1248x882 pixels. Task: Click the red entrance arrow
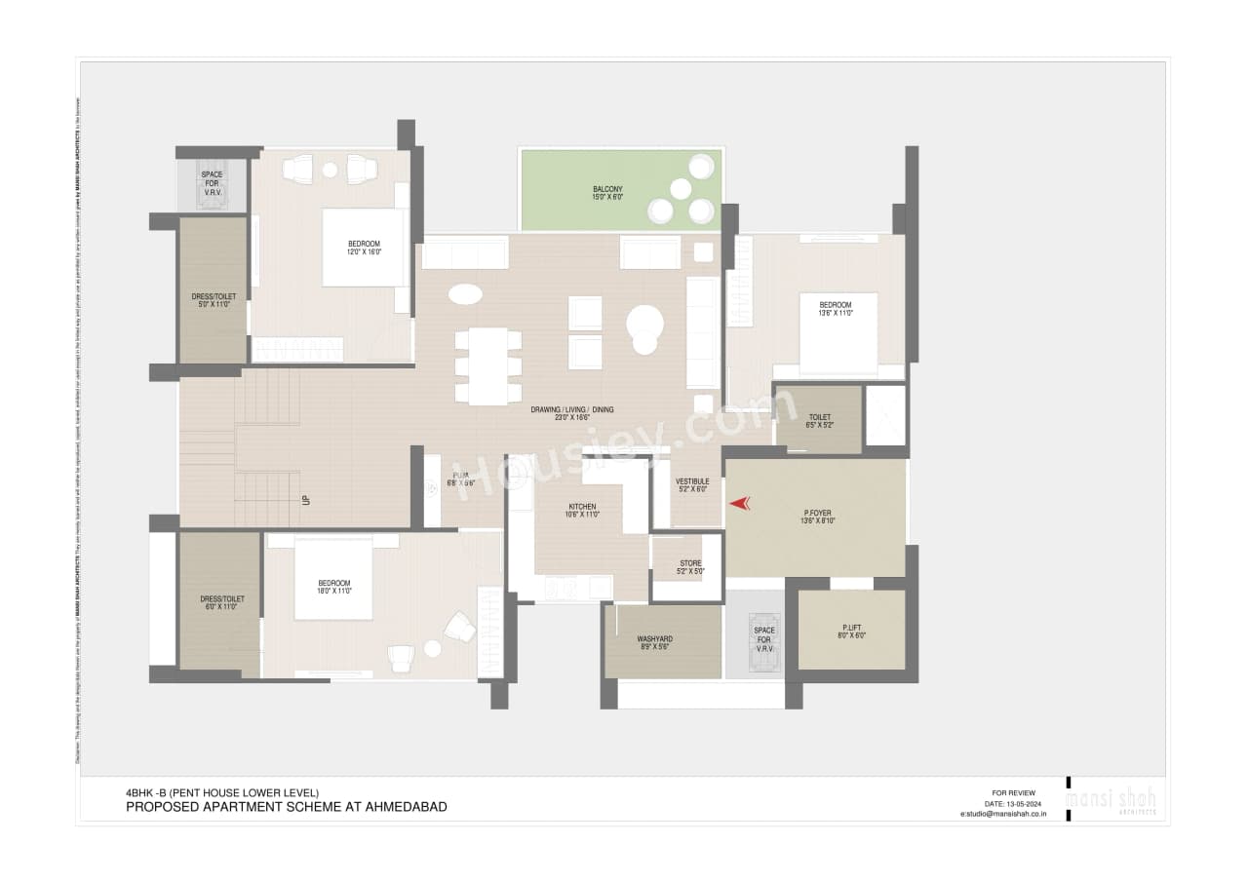click(740, 503)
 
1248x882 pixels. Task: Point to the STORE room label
click(689, 567)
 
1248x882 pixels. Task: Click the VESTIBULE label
click(691, 485)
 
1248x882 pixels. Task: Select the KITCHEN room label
click(582, 510)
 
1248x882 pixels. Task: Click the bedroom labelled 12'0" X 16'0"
click(364, 248)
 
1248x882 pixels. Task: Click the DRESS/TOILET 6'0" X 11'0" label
click(221, 602)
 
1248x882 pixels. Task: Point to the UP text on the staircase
click(306, 500)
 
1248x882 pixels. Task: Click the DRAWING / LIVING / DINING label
click(571, 412)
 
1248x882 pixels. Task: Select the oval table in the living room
click(465, 293)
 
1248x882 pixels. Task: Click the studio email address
click(1003, 813)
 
